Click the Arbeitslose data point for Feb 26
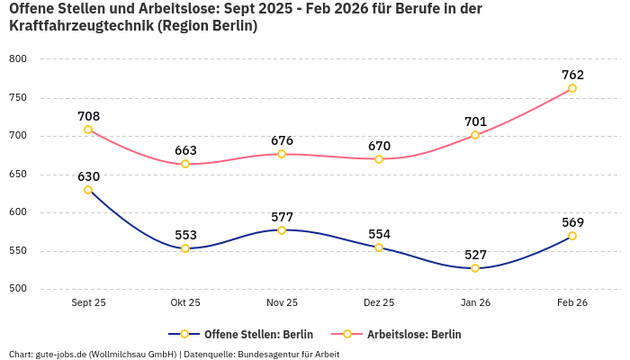[x=572, y=88]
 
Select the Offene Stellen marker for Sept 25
[x=88, y=190]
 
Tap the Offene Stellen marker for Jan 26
[x=475, y=268]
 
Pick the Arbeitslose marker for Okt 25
[x=185, y=164]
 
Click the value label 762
[x=572, y=75]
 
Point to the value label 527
[x=475, y=255]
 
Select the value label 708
[x=88, y=116]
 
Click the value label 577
[x=282, y=217]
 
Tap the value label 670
[x=379, y=146]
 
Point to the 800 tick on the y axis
[x=18, y=59]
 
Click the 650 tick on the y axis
[x=18, y=175]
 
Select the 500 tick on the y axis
[x=18, y=289]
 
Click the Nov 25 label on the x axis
[x=282, y=303]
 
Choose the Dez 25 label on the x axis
[x=379, y=303]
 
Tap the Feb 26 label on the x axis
[x=572, y=303]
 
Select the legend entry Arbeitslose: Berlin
[x=413, y=334]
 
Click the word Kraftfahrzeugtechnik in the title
[x=80, y=26]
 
